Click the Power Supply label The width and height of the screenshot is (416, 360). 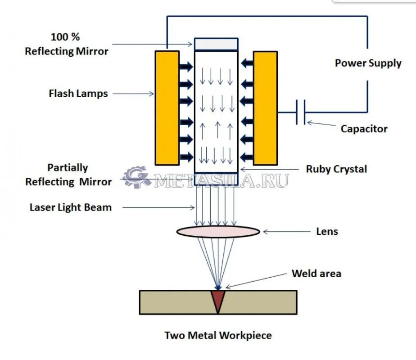368,63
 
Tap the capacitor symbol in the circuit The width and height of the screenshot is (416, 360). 301,112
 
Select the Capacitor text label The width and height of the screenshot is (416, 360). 364,129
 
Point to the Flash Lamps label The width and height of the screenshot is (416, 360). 78,94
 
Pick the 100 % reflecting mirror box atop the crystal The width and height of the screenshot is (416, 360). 216,44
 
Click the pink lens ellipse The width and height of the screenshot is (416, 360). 218,232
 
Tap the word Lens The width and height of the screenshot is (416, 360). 327,232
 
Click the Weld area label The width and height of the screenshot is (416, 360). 317,273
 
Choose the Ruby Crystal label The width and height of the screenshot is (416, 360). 336,169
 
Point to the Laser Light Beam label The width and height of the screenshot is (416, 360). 71,207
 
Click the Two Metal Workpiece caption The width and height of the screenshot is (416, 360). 218,335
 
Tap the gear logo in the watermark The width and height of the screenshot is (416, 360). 135,178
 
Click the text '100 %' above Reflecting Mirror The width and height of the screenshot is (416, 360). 65,36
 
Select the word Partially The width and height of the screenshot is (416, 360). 68,168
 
